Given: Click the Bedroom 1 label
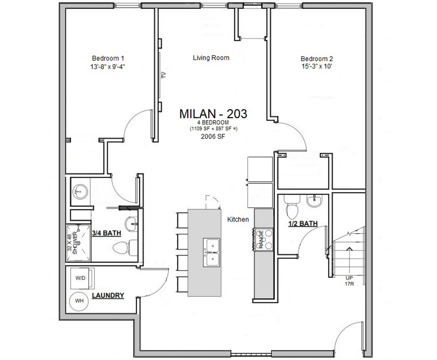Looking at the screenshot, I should click(108, 58).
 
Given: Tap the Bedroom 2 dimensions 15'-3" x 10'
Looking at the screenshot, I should click(314, 66).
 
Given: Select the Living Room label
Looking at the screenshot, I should click(211, 58).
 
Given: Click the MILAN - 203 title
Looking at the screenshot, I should click(213, 114).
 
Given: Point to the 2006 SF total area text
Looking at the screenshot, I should click(213, 136).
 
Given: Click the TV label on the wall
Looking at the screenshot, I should click(164, 75).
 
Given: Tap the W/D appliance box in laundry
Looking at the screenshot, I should click(81, 278).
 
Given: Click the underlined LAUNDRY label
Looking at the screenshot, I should click(108, 296).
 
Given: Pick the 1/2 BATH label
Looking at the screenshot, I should click(303, 224).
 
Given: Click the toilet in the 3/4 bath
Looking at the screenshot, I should click(123, 248).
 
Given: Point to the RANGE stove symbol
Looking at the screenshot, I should click(263, 239).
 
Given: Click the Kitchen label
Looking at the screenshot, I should click(238, 219).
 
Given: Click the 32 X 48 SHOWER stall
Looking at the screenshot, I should click(78, 243).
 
